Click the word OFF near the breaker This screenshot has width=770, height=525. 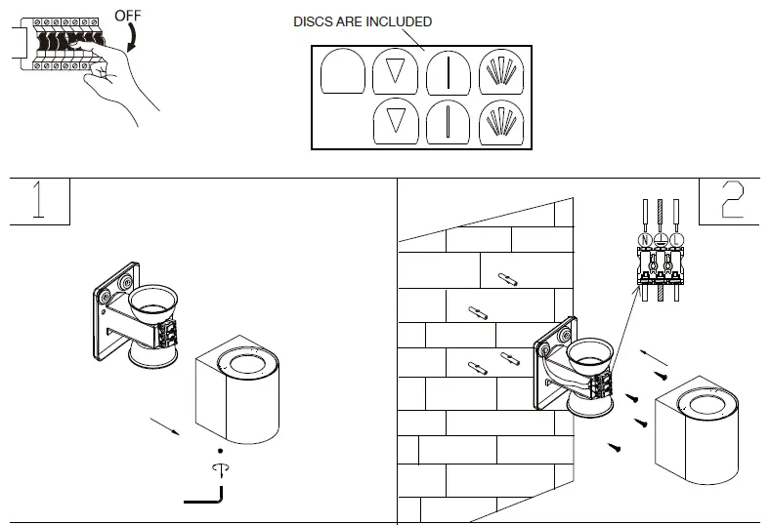tap(128, 16)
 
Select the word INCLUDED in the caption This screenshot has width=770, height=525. tap(399, 21)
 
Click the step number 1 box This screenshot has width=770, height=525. tap(39, 201)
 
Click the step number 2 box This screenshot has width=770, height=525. tap(730, 201)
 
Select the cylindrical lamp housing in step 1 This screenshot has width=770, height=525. tap(237, 390)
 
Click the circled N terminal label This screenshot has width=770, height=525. tap(645, 239)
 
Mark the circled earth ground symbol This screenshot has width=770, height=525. tap(661, 239)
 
